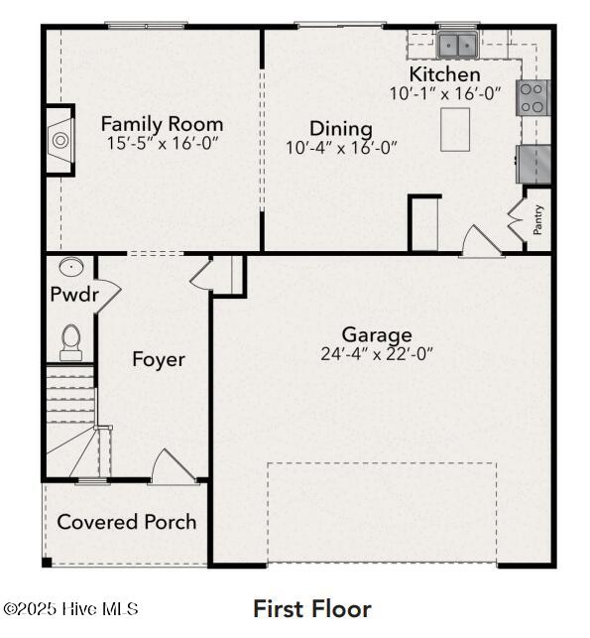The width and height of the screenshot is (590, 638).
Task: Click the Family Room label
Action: pos(162,124)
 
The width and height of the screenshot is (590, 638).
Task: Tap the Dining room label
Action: pos(341,129)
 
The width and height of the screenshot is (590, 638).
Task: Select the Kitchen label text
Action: pos(444,74)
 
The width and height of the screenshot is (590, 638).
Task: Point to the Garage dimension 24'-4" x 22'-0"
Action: pos(377,354)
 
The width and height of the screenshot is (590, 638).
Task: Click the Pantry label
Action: pos(537,219)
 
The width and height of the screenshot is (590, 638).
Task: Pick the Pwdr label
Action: pos(74,294)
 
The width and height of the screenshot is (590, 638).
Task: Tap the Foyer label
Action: pos(159,360)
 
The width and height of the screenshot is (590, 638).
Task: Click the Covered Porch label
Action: pos(127,522)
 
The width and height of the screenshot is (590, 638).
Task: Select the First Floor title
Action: pos(312,609)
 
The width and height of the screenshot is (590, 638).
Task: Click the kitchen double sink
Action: pos(457,45)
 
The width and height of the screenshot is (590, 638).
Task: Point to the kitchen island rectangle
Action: pos(455,130)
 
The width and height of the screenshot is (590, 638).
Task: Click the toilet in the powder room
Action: pos(71,342)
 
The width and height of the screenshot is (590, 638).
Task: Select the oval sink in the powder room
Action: pos(71,267)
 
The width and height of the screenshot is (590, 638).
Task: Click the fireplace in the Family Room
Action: pos(60,140)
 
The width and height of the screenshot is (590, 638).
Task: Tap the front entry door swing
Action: pos(175,466)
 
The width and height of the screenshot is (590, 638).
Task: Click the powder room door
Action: pos(108,296)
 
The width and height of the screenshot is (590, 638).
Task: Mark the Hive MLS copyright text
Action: pos(70,609)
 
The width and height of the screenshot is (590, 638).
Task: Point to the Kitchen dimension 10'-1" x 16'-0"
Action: pos(445,93)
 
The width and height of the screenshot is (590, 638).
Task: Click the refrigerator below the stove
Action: pos(533,165)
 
